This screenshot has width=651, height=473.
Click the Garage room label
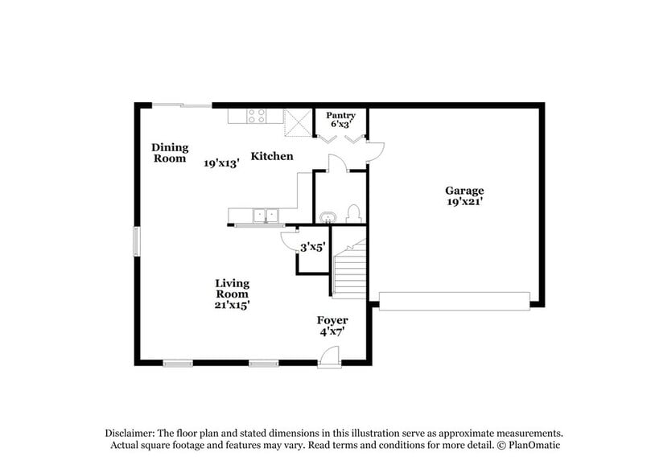464,191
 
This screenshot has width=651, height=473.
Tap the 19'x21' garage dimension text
464,203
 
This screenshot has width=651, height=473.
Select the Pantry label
340,116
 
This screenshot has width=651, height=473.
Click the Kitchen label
272,156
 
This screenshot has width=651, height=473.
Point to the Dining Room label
170,153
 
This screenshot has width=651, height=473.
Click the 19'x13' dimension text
222,162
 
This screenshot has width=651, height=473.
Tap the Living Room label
232,289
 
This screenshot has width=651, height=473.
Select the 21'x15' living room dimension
232,305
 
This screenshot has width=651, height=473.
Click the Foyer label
332,320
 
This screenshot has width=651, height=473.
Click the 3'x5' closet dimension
312,249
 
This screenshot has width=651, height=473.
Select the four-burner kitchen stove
257,116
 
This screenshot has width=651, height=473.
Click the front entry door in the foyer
328,357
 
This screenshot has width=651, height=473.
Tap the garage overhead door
455,302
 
